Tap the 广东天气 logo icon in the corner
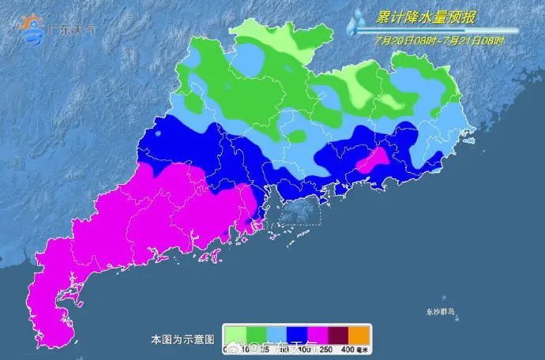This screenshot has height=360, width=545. [x=33, y=28]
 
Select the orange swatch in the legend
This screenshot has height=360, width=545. [x=358, y=332]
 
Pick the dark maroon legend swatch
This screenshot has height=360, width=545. [x=336, y=332]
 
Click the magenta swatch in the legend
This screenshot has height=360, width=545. [x=315, y=332]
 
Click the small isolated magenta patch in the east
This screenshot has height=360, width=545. [x=372, y=161]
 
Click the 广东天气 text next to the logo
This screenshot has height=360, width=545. [x=73, y=29]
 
